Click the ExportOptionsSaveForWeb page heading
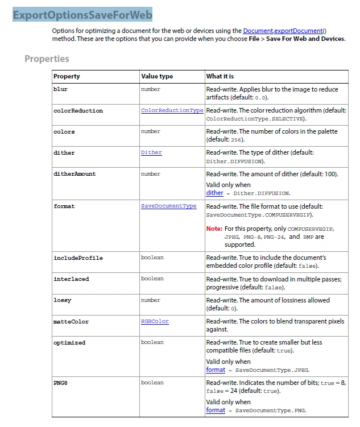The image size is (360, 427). click(82, 15)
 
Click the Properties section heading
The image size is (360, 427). click(47, 59)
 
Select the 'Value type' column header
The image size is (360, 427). click(157, 76)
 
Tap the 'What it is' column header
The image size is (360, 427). click(220, 76)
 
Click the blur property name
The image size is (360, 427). click(60, 89)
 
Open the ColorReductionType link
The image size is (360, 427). click(172, 110)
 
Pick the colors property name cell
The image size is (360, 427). click(64, 131)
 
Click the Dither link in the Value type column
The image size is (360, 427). click(151, 152)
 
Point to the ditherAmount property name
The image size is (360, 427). click(75, 173)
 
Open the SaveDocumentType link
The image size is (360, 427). click(168, 206)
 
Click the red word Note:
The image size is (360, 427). click(214, 228)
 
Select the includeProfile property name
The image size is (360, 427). click(78, 258)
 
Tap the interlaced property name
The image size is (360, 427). click(71, 279)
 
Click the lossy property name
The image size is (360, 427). click(63, 300)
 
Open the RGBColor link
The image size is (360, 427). click(155, 321)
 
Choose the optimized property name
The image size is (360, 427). click(69, 342)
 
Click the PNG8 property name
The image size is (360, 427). click(60, 383)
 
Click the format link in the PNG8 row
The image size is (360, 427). click(216, 410)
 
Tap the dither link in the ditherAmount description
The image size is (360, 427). click(214, 193)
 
